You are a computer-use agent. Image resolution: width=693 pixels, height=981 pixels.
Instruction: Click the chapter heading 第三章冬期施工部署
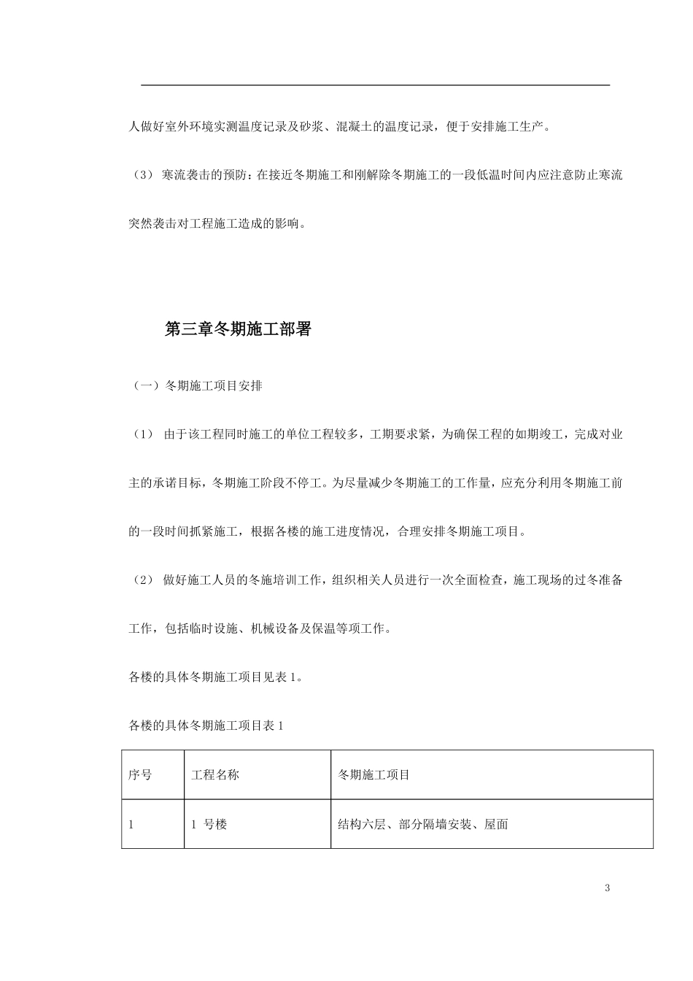(238, 329)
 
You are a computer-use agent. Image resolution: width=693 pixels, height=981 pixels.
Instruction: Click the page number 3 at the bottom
(607, 888)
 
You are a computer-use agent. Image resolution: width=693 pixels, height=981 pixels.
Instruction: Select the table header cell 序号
(140, 774)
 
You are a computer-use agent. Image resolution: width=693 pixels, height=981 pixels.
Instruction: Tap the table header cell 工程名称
(215, 774)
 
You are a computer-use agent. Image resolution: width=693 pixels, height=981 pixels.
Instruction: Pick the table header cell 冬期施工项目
(373, 774)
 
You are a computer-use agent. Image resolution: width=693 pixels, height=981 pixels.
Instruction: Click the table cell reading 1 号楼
(209, 824)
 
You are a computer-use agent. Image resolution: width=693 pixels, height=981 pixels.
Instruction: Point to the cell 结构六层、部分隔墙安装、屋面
(422, 824)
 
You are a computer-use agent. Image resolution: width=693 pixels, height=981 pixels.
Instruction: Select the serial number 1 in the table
(131, 824)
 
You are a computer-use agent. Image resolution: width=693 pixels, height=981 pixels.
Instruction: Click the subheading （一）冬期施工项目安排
(195, 385)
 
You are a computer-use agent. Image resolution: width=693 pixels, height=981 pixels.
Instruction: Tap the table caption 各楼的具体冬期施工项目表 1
(206, 726)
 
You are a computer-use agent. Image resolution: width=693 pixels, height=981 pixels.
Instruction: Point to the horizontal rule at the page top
(375, 85)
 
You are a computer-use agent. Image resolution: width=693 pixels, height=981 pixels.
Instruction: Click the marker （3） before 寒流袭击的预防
(141, 175)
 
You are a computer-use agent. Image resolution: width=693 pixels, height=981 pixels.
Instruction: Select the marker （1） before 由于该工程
(141, 434)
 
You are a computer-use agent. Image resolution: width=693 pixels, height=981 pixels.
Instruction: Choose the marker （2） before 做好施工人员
(141, 580)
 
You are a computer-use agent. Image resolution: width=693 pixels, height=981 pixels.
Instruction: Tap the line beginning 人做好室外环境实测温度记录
(341, 126)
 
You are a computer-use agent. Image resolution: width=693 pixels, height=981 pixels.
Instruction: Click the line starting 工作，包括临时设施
(260, 628)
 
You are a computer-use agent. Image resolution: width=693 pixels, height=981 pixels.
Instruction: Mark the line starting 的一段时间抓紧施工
(328, 531)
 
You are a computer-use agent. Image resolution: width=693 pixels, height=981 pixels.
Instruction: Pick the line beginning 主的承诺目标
(375, 482)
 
